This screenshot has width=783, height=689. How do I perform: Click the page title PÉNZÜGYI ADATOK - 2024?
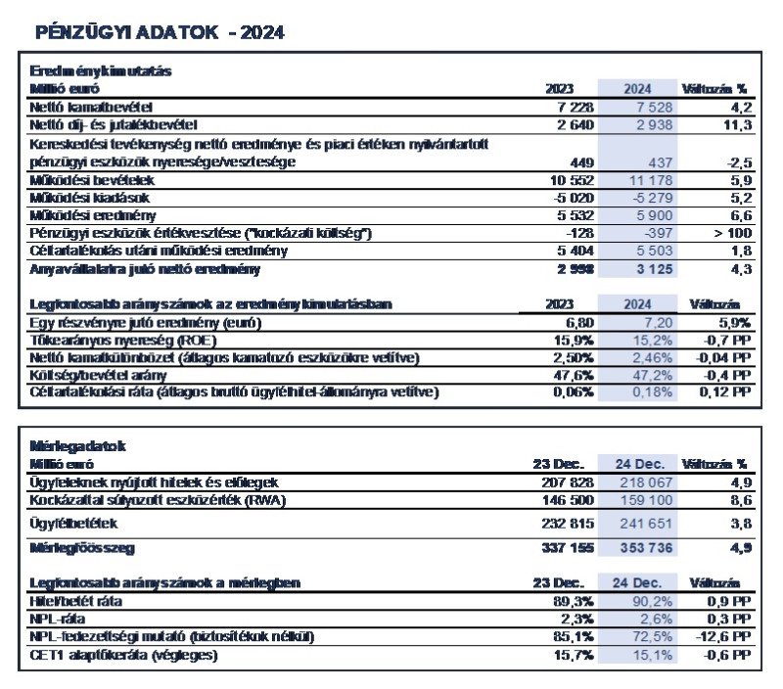coord(160,32)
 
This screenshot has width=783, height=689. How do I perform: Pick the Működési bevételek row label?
coord(84,181)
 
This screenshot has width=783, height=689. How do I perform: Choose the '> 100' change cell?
coord(729,234)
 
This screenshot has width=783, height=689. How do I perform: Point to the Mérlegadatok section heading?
coord(69,446)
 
